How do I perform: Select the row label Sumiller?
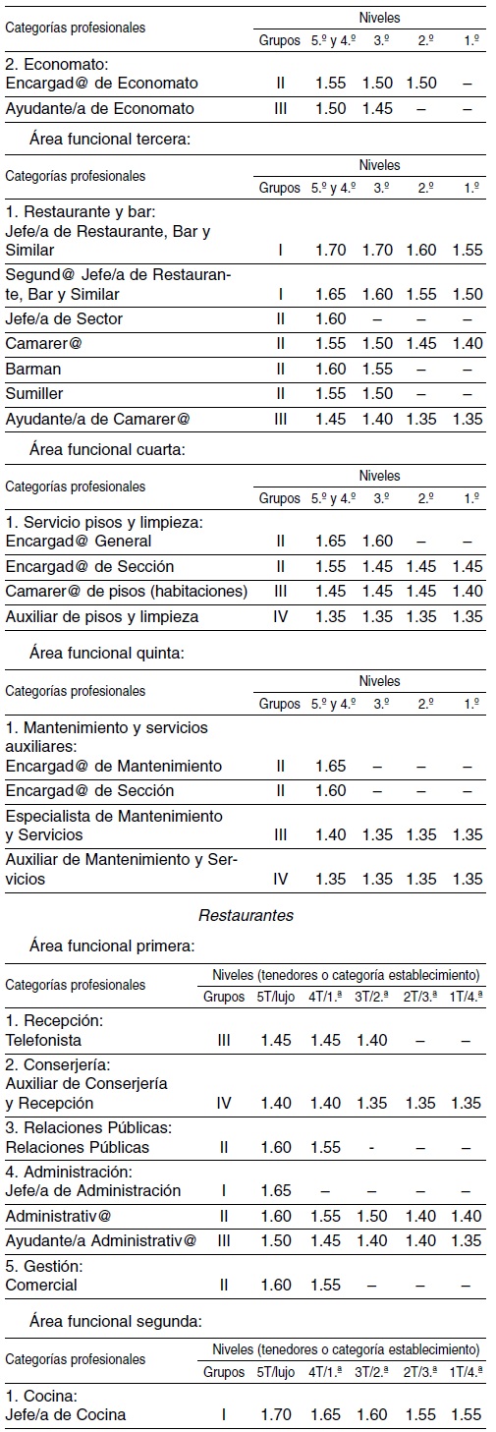point(33,393)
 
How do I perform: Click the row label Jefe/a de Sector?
point(64,318)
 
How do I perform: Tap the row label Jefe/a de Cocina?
point(66,1415)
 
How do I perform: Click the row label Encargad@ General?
point(79,542)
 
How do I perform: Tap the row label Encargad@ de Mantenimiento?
point(113,766)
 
